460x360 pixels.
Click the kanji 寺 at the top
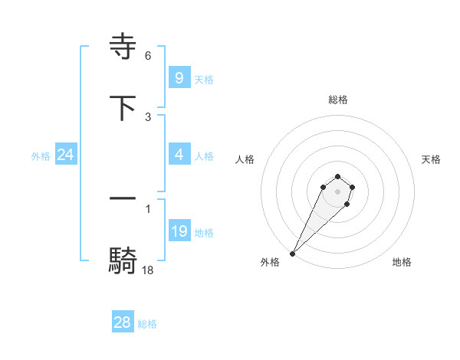click(x=123, y=47)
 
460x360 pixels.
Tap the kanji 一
click(x=123, y=198)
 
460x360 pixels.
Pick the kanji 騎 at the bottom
click(x=123, y=260)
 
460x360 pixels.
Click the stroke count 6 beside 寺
click(x=148, y=56)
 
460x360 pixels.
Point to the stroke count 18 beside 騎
click(x=148, y=270)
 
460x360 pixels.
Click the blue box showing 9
click(x=179, y=78)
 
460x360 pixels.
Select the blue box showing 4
click(x=179, y=155)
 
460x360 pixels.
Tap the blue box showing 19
click(x=179, y=231)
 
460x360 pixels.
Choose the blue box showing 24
click(x=66, y=155)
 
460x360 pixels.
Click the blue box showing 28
click(x=123, y=322)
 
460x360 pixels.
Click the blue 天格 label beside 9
click(x=204, y=80)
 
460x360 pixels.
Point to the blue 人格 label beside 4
click(x=204, y=156)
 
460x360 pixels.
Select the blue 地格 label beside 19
click(x=204, y=233)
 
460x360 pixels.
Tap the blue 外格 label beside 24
click(x=41, y=156)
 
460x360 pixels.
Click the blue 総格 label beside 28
click(x=147, y=324)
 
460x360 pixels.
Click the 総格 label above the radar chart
click(x=337, y=100)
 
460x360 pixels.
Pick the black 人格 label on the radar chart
click(x=245, y=159)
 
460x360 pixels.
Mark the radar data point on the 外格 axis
click(x=292, y=254)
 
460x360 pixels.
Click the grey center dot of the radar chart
click(x=337, y=191)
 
